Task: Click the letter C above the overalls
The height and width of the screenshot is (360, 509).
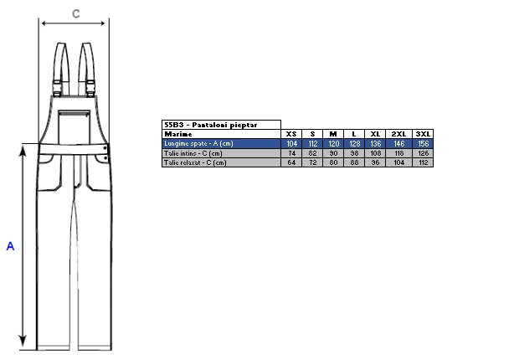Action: click(75, 13)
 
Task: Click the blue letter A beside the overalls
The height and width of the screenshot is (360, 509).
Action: click(10, 246)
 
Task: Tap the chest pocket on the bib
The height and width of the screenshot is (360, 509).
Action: click(75, 127)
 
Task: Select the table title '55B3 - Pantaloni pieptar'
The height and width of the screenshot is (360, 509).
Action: click(211, 125)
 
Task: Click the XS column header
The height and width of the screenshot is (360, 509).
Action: click(291, 134)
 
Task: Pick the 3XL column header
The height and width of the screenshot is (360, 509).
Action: click(423, 134)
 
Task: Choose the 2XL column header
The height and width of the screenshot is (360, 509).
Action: click(398, 134)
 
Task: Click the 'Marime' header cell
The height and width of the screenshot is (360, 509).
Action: click(178, 134)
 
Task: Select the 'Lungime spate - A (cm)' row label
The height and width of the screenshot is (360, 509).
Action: click(198, 143)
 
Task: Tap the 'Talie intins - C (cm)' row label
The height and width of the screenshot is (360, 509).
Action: click(193, 153)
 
